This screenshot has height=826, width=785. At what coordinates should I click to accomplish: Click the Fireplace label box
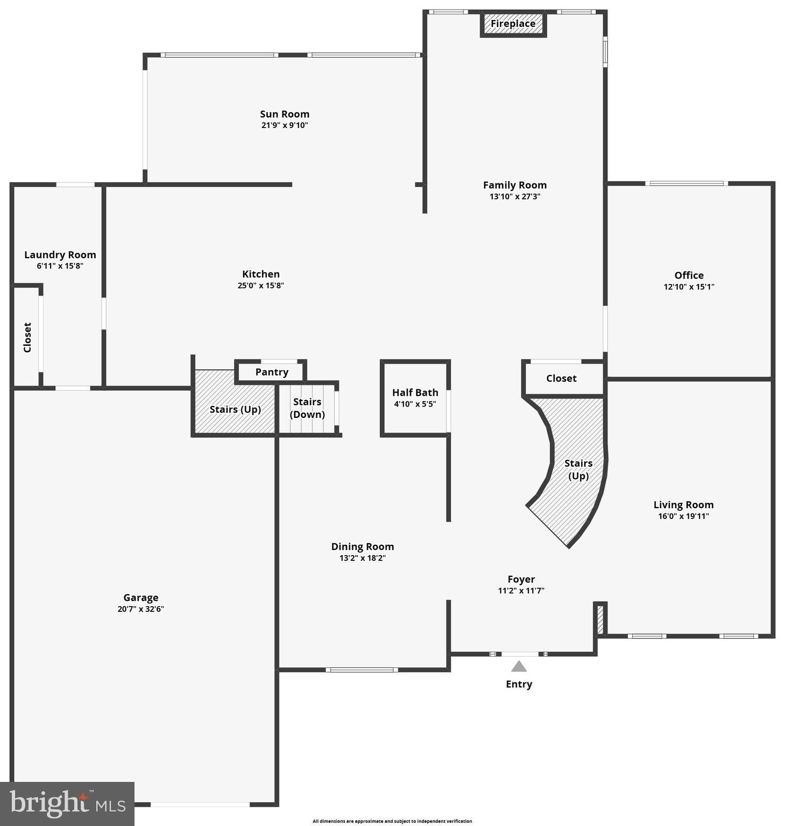(513, 24)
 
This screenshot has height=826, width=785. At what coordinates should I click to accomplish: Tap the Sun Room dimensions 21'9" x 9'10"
(285, 125)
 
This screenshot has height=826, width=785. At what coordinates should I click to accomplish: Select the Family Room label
(514, 185)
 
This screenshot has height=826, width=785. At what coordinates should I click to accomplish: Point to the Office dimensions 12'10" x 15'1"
(689, 287)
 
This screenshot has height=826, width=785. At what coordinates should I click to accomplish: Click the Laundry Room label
(60, 255)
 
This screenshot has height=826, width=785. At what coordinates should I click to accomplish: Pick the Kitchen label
(261, 274)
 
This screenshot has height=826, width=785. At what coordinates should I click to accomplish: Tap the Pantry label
(272, 372)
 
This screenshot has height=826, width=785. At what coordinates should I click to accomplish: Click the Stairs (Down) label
(307, 408)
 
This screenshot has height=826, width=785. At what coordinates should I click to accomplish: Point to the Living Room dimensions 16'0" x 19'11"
(683, 516)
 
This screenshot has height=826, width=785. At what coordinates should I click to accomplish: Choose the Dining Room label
(363, 546)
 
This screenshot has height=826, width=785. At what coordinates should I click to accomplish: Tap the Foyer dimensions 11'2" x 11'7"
(521, 590)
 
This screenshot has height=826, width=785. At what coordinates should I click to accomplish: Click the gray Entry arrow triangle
(519, 667)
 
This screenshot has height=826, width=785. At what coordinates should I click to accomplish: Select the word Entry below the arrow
(519, 684)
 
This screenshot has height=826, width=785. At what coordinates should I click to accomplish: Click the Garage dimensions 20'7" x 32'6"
(141, 609)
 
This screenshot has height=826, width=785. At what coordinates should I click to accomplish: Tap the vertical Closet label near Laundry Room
(27, 338)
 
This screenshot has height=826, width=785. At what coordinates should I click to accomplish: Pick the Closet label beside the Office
(561, 379)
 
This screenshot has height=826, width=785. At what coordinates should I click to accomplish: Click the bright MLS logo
(67, 803)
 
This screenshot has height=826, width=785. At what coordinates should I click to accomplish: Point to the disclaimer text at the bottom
(392, 821)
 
